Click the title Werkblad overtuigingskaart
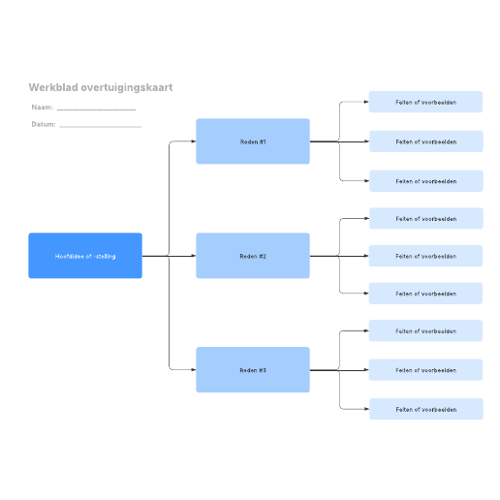point(101,87)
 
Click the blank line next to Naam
point(96,109)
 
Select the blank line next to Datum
point(101,127)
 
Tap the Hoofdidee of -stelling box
point(85,256)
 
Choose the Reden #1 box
point(253,141)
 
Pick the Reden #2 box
point(253,256)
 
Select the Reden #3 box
point(253,370)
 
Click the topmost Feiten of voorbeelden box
point(425,102)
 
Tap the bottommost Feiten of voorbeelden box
point(426,409)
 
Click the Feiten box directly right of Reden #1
point(426,141)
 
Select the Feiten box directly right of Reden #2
point(425,256)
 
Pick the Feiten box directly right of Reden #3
point(425,370)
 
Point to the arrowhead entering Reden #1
point(194,141)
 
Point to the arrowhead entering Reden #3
point(194,370)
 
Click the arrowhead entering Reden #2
point(194,256)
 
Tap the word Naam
point(42,108)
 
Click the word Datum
point(43,124)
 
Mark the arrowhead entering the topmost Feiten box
point(366,102)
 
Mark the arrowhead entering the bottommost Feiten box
point(366,409)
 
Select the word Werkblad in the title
point(53,87)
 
